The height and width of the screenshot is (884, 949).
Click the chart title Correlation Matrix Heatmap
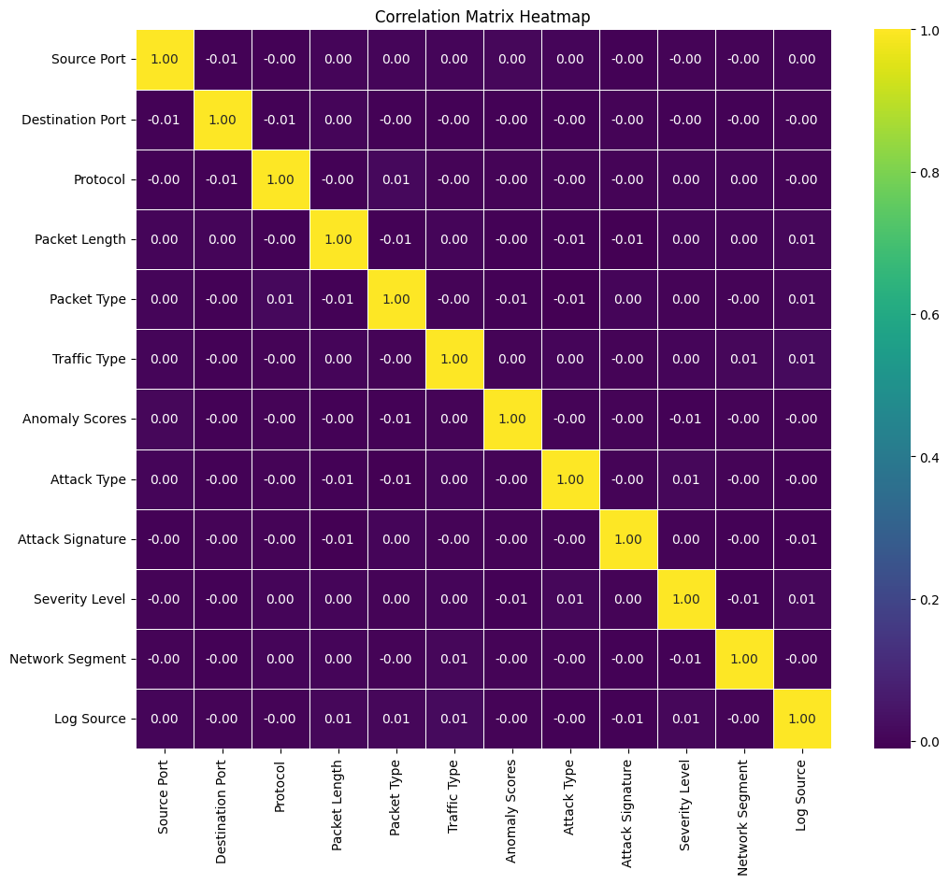[482, 17]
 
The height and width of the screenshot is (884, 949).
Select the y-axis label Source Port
[89, 60]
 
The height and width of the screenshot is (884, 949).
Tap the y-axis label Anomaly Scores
[74, 420]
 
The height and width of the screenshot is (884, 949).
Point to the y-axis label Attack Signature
[72, 539]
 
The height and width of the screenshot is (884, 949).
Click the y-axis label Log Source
[91, 719]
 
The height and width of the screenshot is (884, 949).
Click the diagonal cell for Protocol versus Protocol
[280, 179]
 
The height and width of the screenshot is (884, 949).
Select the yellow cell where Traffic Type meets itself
[454, 359]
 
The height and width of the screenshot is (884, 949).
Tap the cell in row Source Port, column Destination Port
[223, 60]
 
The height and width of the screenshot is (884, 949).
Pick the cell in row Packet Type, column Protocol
[280, 299]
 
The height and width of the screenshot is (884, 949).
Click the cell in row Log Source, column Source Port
[165, 719]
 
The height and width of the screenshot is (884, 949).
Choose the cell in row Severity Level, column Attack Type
[570, 599]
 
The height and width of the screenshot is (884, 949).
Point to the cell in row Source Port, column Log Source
[802, 60]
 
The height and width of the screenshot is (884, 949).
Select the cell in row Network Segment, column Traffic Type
[454, 659]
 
